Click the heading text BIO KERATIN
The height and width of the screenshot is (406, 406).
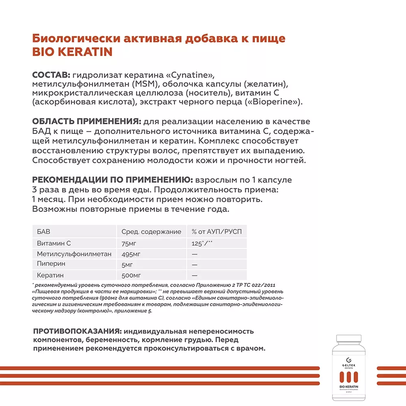pos(72,52)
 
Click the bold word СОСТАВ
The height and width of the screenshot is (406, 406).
pos(51,76)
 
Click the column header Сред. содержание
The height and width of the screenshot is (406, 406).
pos(151,232)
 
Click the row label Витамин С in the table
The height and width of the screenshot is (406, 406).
pos(54,243)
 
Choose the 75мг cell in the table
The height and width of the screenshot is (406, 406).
pos(129,243)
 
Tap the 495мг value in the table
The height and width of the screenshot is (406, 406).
pos(130,254)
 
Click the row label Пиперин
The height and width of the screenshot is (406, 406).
pos(51,264)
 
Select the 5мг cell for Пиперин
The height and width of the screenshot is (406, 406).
pos(127,264)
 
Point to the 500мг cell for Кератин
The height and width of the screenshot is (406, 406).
pos(130,275)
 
